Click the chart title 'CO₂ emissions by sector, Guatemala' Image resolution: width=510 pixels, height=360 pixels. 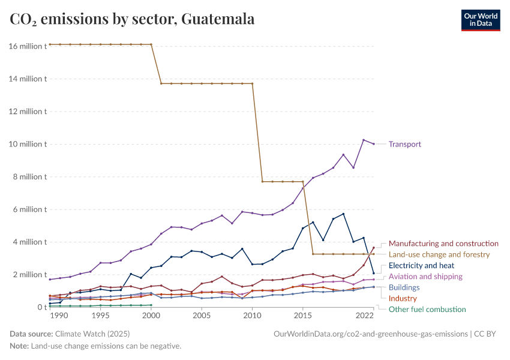[132, 19]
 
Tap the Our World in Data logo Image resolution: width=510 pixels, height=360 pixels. [481, 20]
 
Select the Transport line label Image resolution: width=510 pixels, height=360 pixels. [405, 144]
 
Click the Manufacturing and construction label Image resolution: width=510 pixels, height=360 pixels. [443, 244]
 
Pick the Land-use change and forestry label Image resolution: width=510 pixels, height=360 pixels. [439, 254]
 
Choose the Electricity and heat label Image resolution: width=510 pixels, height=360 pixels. [421, 265]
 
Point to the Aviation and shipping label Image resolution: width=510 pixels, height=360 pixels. [425, 277]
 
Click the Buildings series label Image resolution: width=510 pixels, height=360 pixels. [404, 287]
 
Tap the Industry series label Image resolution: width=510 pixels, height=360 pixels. [403, 298]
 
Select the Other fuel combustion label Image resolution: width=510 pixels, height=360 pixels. [427, 309]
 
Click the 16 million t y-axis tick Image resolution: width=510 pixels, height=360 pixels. [28, 46]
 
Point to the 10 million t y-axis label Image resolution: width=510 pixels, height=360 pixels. [28, 144]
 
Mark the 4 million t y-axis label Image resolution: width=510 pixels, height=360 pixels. [29, 242]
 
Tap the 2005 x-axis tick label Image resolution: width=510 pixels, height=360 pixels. [202, 316]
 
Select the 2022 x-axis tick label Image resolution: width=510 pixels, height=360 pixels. [365, 316]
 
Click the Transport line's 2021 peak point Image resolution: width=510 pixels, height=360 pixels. [364, 140]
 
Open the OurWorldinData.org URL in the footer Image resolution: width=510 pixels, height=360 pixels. [370, 334]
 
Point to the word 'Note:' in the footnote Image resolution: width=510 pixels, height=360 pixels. [19, 346]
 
